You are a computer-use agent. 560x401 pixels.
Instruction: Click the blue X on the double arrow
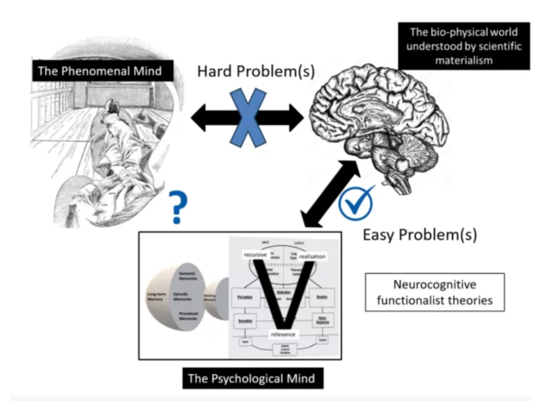[248, 118]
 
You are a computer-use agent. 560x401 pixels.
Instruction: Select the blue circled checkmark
[355, 203]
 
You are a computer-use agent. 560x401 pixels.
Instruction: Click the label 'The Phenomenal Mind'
[100, 71]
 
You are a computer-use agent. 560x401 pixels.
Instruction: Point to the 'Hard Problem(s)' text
[256, 72]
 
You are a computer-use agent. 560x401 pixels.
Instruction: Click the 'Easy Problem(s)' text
[420, 235]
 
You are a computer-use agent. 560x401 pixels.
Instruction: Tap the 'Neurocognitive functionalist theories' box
[435, 292]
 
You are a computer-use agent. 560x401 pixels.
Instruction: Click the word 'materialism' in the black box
[463, 60]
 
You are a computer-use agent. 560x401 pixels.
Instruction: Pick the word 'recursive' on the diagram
[255, 255]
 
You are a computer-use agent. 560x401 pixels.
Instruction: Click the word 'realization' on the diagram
[312, 256]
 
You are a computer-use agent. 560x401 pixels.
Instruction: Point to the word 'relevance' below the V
[283, 334]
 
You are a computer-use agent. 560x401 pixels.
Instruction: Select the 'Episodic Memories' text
[182, 296]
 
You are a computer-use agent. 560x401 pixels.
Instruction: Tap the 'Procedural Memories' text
[188, 316]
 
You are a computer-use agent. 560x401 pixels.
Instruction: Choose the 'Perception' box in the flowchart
[245, 297]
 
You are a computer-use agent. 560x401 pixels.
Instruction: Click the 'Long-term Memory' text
[156, 296]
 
